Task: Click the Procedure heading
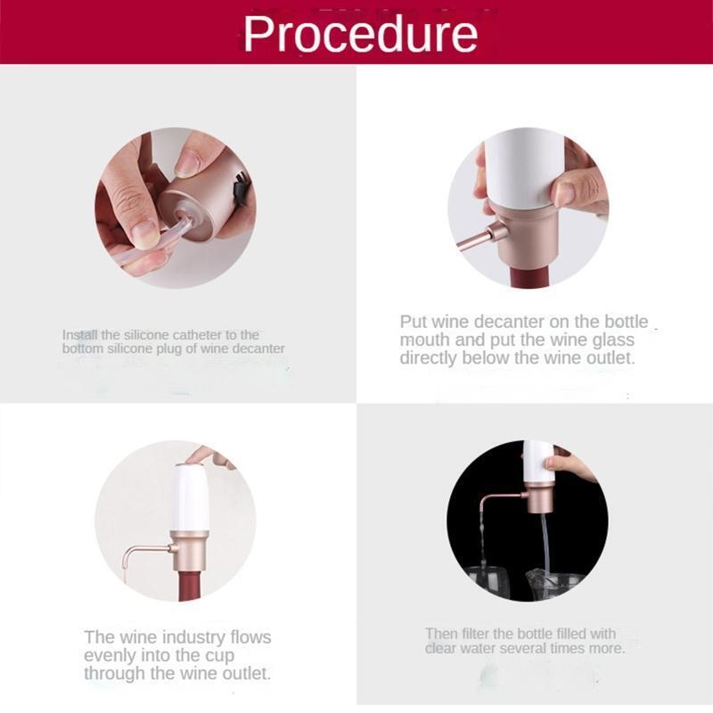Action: [x=360, y=34]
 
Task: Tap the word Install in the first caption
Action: [x=80, y=335]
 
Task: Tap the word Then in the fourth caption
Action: [x=441, y=634]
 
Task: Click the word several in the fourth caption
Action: [x=520, y=648]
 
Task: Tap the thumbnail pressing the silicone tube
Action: [x=145, y=234]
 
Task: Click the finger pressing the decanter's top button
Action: [x=210, y=455]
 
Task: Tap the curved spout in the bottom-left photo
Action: [x=145, y=553]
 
